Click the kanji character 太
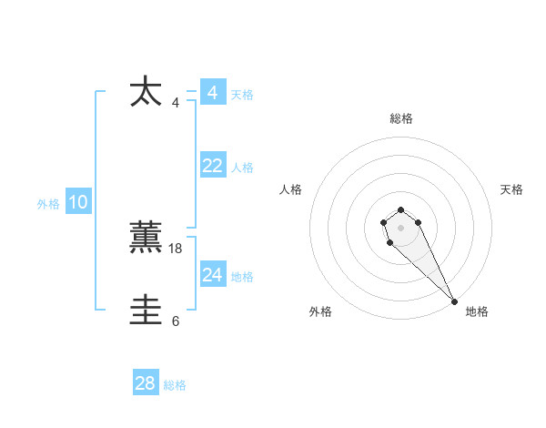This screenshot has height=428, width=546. click(x=147, y=93)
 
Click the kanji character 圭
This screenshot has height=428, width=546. click(x=147, y=311)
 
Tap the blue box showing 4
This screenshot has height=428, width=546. click(x=213, y=93)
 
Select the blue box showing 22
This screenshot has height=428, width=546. click(x=213, y=166)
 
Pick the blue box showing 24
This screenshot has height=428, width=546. click(x=213, y=275)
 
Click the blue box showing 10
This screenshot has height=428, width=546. click(x=78, y=202)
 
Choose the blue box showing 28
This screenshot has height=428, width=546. click(x=146, y=383)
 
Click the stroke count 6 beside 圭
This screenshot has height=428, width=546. click(x=176, y=321)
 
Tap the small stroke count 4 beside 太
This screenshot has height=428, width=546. click(x=176, y=103)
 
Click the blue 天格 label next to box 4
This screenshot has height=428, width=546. click(x=242, y=94)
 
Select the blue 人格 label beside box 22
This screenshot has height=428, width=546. click(x=242, y=168)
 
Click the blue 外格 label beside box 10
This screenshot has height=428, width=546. click(x=48, y=204)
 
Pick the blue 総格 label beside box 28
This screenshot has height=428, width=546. click(x=175, y=385)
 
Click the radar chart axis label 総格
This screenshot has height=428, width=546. click(x=400, y=118)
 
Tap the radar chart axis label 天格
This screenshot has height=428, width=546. click(x=512, y=189)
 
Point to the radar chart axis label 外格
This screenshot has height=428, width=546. click(x=320, y=311)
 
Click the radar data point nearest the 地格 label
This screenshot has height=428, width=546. click(x=454, y=301)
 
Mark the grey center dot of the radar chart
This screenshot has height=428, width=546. click(x=400, y=228)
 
